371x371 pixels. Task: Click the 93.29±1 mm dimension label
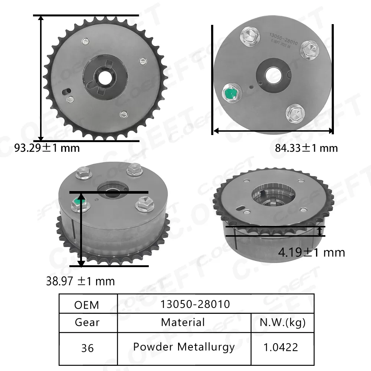point(47,148)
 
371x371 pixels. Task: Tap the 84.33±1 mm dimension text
point(306,148)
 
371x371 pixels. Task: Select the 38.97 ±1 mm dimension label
point(80,281)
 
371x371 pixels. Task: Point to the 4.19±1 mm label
point(312,253)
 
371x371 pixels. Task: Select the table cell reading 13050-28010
point(195,304)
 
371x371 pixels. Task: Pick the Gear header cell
point(87,322)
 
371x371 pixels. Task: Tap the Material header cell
point(183,322)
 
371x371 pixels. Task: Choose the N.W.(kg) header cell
point(283,322)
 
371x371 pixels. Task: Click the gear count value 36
point(87,348)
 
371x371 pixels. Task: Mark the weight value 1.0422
point(281,348)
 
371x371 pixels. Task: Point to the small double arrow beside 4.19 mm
point(320,231)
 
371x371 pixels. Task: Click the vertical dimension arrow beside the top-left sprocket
point(41,78)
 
